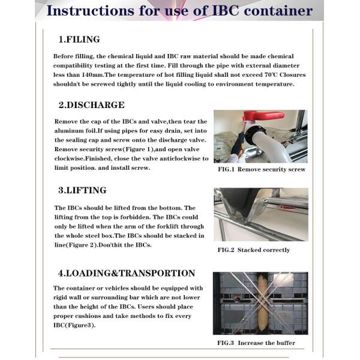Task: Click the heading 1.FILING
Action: tap(79, 40)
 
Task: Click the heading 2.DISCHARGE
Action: tap(91, 105)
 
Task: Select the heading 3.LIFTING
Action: tap(82, 190)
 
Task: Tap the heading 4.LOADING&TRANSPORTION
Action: tap(127, 273)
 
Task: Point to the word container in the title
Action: tap(277, 10)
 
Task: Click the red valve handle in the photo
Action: tap(264, 115)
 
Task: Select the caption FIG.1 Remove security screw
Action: tap(261, 169)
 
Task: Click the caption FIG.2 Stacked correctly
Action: tap(253, 250)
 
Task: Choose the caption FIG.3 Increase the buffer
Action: tap(256, 343)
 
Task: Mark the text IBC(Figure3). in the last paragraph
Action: tap(74, 326)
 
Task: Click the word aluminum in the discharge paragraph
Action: tap(73, 131)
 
